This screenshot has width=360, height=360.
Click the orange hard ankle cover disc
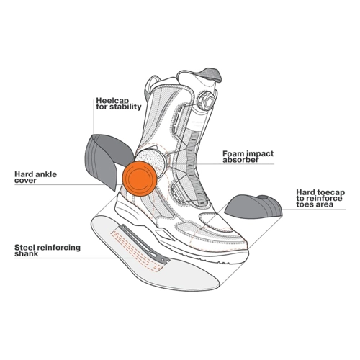pyautogui.click(x=140, y=178)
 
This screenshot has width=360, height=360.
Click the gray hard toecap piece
pyautogui.click(x=253, y=205)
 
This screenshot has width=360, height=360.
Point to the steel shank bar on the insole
pyautogui.click(x=145, y=243)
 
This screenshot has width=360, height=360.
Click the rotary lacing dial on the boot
pyautogui.click(x=206, y=100)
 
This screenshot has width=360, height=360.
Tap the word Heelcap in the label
pyautogui.click(x=112, y=101)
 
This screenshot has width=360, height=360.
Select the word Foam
pyautogui.click(x=234, y=153)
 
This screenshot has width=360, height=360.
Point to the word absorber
pyautogui.click(x=240, y=160)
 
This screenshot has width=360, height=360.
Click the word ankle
pyautogui.click(x=46, y=174)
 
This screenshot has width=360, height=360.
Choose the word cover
pyautogui.click(x=25, y=181)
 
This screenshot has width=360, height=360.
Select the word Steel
pyautogui.click(x=24, y=248)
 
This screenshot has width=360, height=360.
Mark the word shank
pyautogui.click(x=27, y=253)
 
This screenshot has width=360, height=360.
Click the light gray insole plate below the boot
pyautogui.click(x=156, y=253)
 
